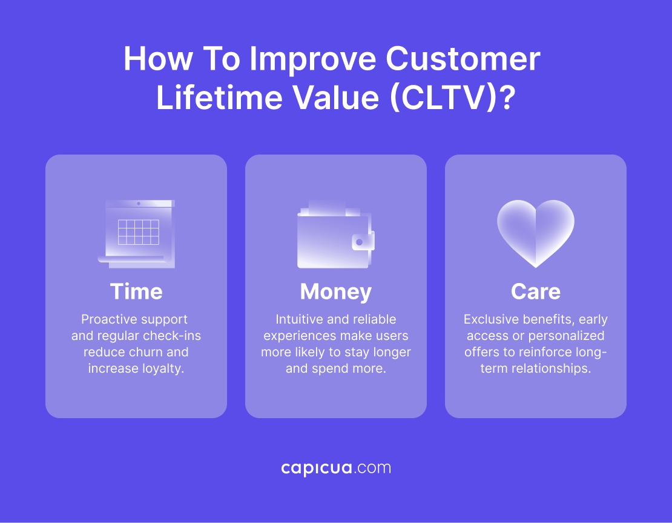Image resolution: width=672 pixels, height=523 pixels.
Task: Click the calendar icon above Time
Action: click(137, 234)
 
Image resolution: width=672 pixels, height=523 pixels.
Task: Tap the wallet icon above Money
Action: click(335, 235)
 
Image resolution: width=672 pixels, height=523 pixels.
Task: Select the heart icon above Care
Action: click(535, 233)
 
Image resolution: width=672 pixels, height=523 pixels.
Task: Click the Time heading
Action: click(136, 291)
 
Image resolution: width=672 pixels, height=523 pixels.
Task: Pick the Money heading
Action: click(335, 291)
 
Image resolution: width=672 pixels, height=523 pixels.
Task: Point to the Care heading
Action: click(535, 291)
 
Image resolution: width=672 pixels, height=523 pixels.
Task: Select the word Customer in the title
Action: click(463, 59)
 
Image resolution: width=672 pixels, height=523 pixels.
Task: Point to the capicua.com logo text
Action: click(336, 468)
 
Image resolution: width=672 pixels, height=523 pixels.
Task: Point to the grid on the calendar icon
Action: click(138, 232)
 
